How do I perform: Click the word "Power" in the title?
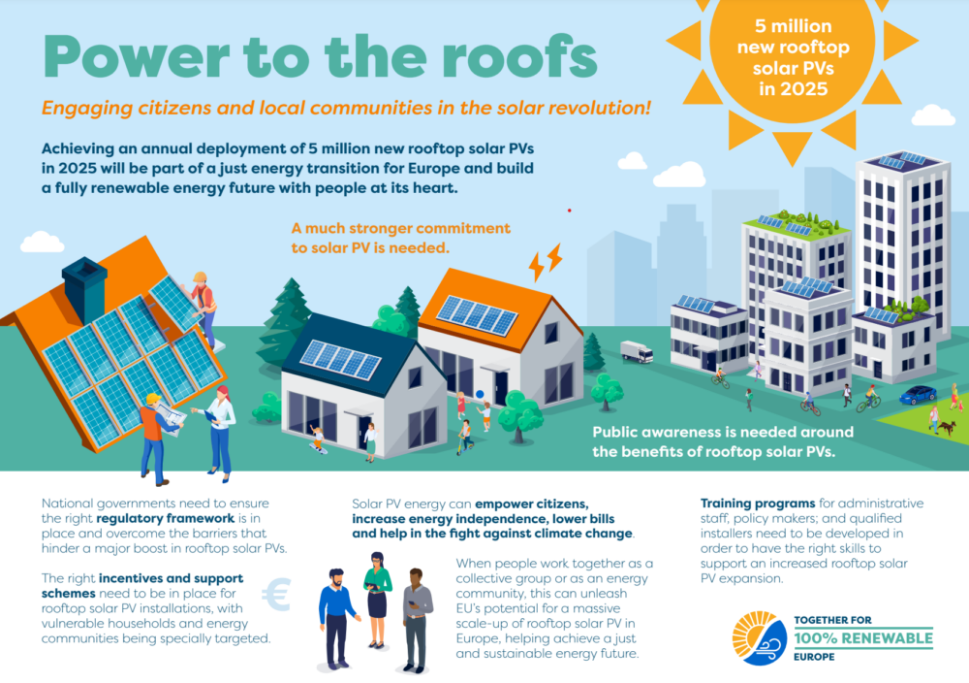[x=136, y=57]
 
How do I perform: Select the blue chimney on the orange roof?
[x=84, y=288]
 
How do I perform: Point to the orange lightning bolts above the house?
[x=546, y=262]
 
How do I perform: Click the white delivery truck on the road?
[x=637, y=351]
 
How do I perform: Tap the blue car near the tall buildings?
[x=918, y=394]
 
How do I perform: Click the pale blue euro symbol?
[x=275, y=594]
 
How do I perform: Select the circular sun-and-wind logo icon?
[x=760, y=638]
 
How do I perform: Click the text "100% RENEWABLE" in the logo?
[x=863, y=638]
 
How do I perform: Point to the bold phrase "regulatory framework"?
[x=166, y=518]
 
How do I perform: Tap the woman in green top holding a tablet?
[x=376, y=599]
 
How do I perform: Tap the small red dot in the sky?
[x=569, y=211]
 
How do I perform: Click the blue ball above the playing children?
[x=481, y=394]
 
